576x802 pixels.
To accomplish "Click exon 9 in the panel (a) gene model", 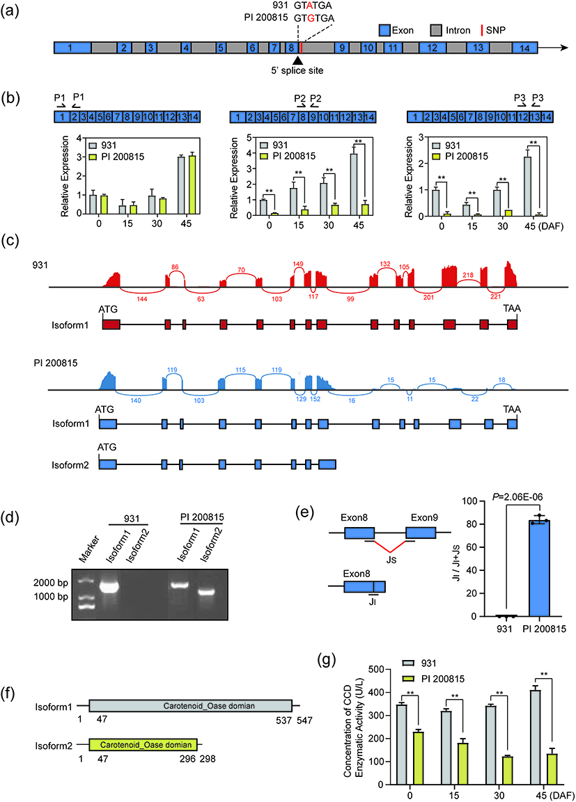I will (341, 47).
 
